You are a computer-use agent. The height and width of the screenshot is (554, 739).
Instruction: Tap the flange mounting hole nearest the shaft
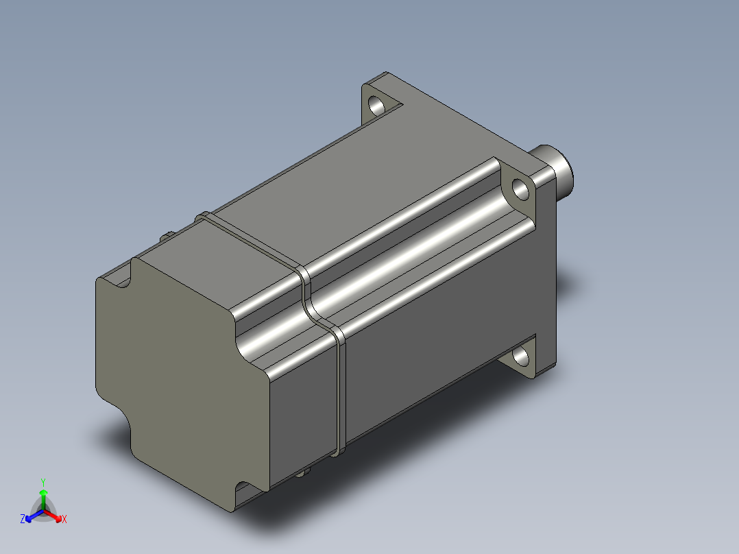(x=521, y=188)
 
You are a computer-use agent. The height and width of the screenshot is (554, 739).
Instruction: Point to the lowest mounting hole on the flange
(x=521, y=357)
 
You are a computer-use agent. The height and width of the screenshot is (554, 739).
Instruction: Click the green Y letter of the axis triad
(x=43, y=482)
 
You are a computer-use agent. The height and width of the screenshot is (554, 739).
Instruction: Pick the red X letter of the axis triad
(x=64, y=520)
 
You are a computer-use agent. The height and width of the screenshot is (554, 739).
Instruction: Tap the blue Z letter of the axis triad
(x=23, y=520)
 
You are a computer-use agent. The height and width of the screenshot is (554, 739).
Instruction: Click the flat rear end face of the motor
(x=171, y=370)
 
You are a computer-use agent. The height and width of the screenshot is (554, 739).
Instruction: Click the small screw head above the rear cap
(x=167, y=237)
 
